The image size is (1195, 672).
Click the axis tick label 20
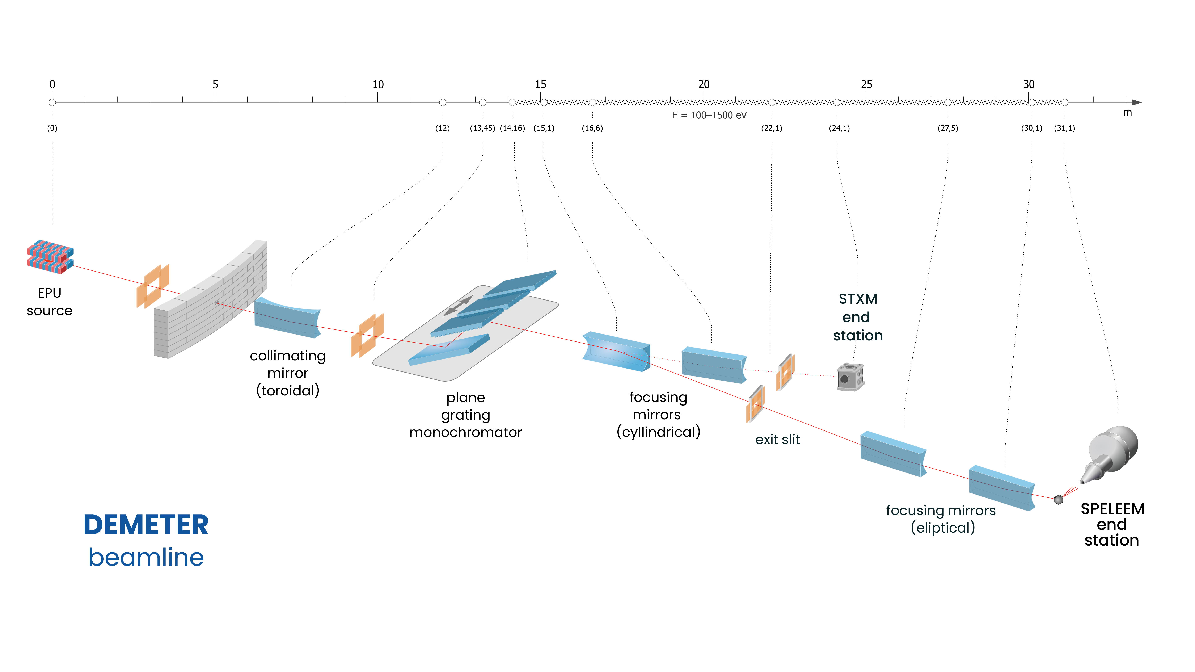[704, 84]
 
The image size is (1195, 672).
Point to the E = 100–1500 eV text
[709, 115]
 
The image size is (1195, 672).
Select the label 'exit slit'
[777, 440]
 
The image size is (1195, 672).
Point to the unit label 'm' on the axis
[1127, 113]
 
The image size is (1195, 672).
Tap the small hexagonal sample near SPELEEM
[1059, 499]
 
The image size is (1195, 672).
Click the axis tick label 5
[215, 84]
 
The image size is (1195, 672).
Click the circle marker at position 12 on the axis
[443, 102]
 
